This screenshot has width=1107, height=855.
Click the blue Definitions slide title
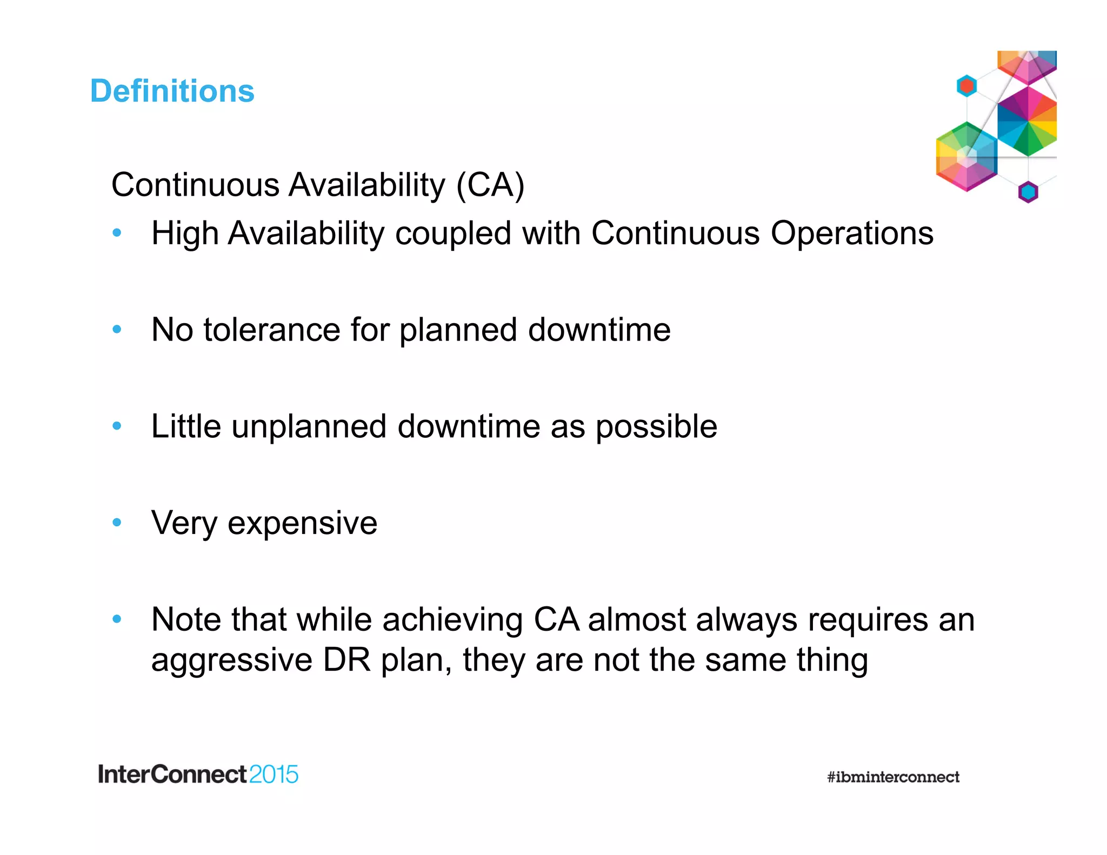pos(172,91)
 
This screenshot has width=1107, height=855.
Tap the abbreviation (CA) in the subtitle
pos(490,185)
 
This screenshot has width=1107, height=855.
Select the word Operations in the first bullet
pos(852,233)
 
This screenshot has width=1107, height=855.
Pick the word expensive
pos(302,523)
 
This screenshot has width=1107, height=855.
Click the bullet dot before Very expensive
pos(117,522)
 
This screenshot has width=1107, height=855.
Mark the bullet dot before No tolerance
pos(117,329)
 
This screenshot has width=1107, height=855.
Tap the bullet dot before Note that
pos(117,619)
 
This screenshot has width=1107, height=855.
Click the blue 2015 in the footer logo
pos(274,774)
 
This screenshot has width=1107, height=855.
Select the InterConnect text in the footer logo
pos(172,774)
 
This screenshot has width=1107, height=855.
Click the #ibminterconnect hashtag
pos(893,777)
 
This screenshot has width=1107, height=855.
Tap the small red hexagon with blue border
pos(966,86)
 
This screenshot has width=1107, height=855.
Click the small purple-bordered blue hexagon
pos(1028,192)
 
